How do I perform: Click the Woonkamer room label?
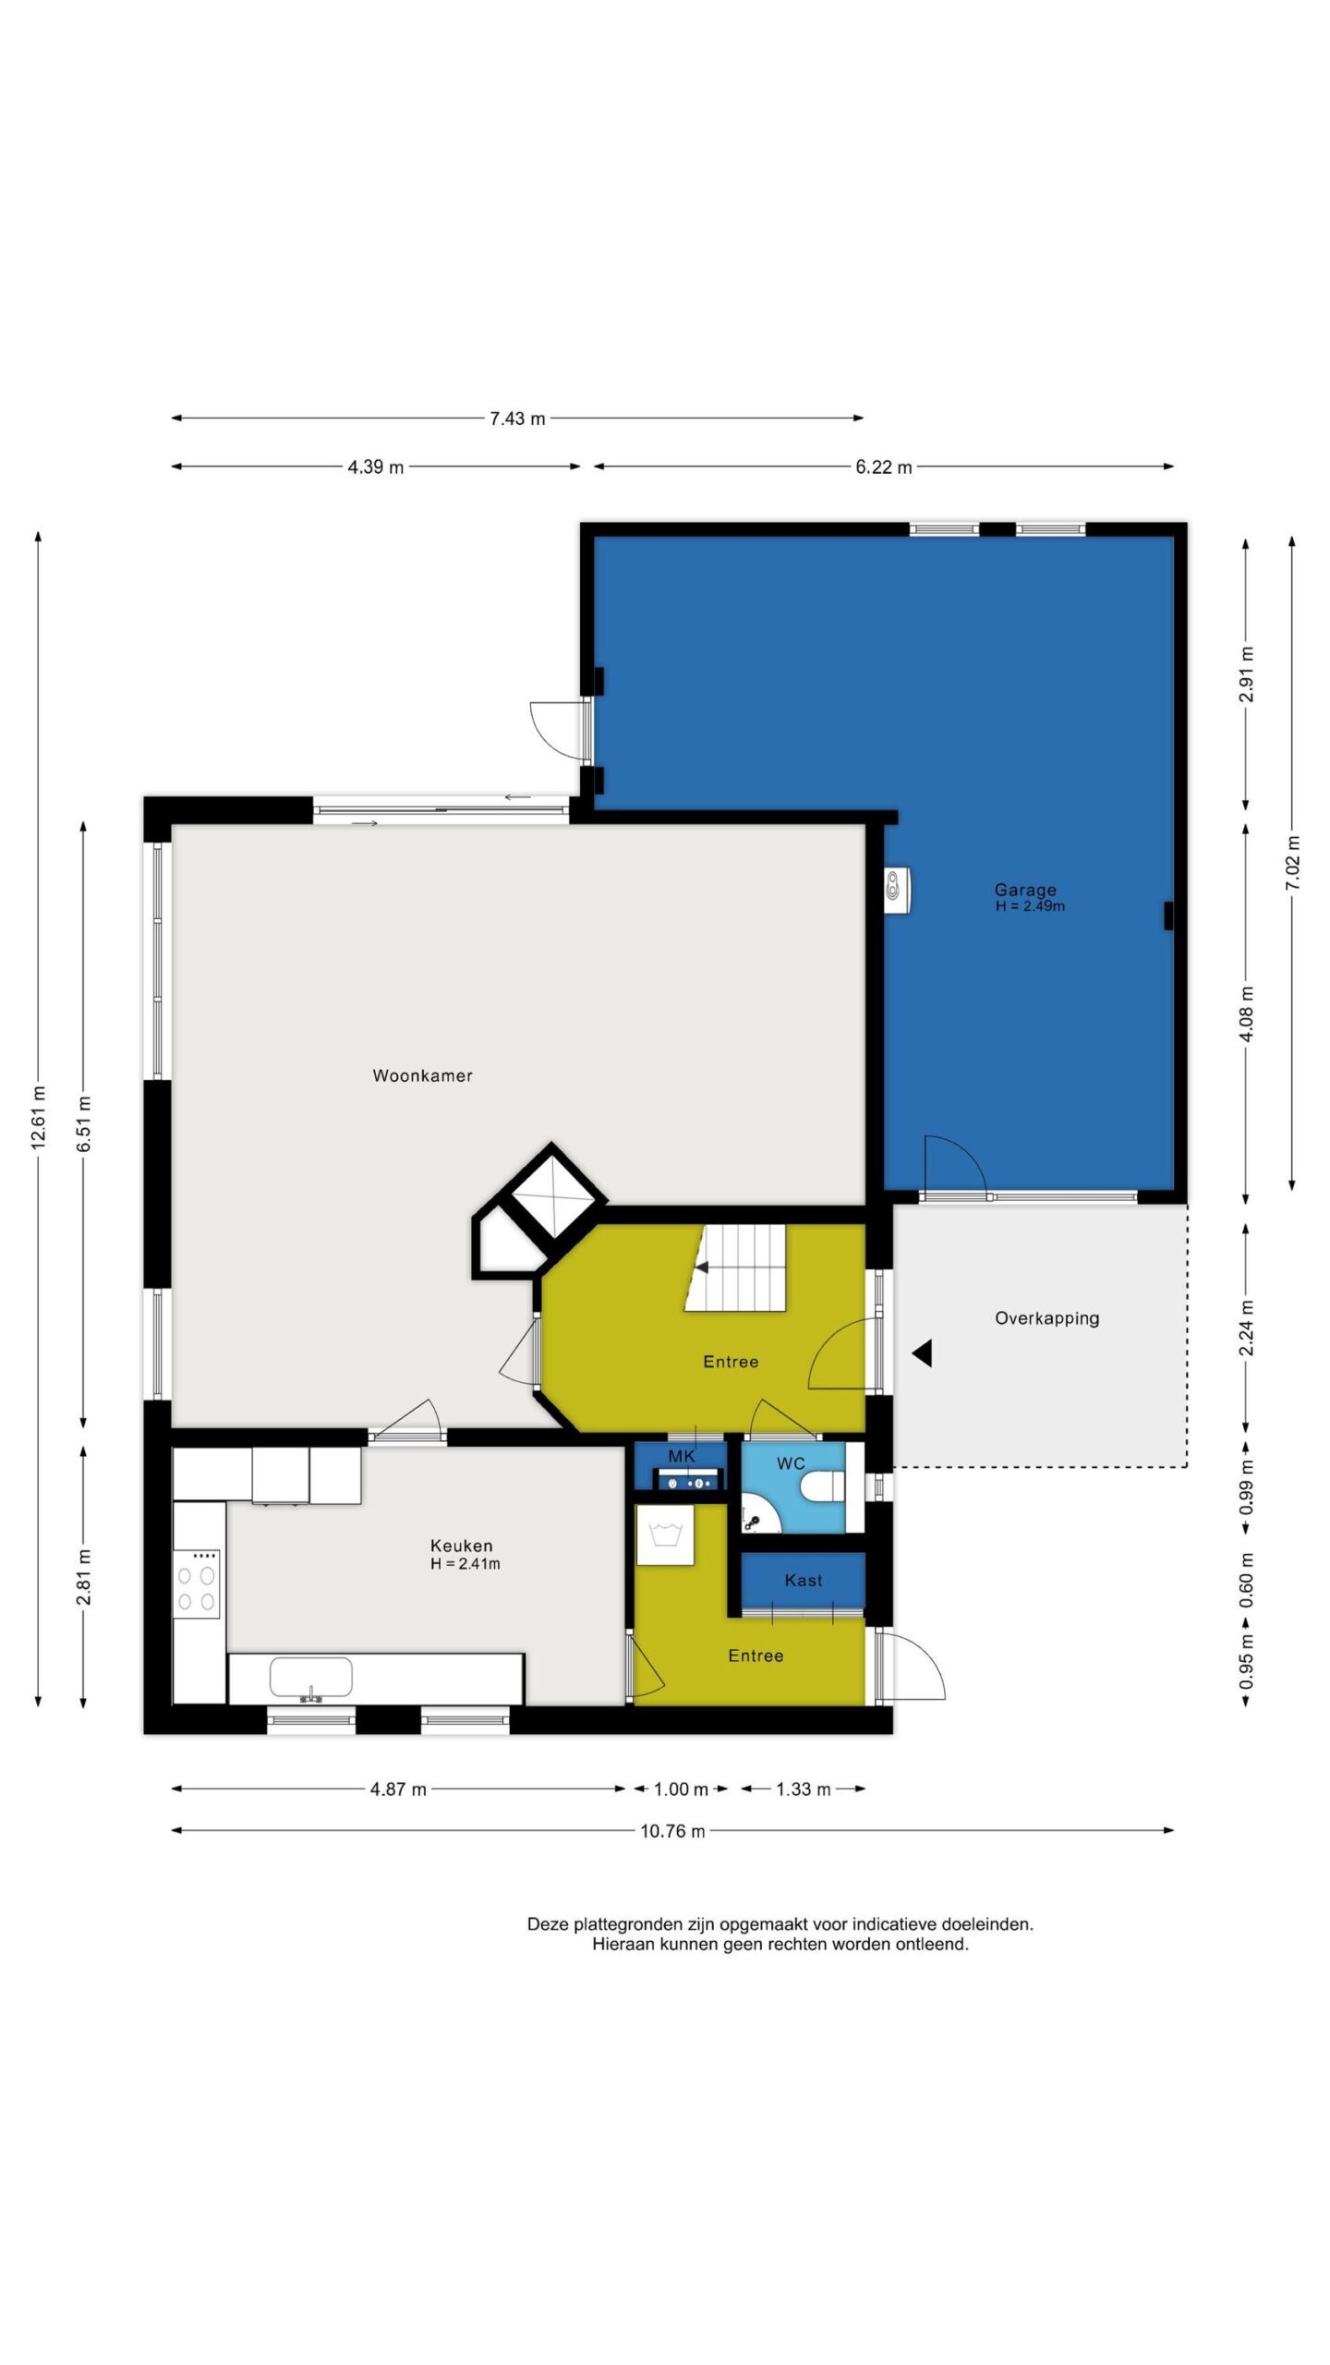point(422,1075)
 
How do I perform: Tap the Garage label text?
point(1025,890)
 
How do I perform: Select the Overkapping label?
point(1046,1318)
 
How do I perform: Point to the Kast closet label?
point(804,1580)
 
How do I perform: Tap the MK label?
point(682,1456)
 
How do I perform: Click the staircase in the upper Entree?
point(735,1267)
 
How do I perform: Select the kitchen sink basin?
point(310,1678)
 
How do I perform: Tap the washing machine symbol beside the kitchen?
point(665,1534)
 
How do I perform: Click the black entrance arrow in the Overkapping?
point(922,1353)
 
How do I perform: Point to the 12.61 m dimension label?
point(38,1118)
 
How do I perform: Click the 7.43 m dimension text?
point(517,418)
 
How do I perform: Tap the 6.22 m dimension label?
point(883,467)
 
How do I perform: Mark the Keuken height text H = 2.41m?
point(465,1564)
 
